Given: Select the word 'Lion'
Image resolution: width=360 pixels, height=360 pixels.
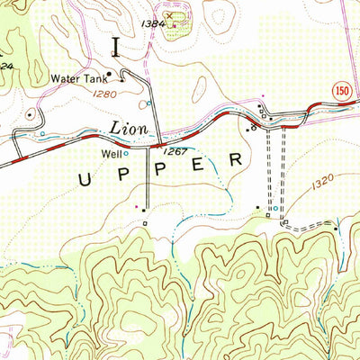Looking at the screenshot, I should (x=130, y=130).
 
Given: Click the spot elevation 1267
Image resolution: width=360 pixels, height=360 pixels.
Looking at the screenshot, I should (x=175, y=152).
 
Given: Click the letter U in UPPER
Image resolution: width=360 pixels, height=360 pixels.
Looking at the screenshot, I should (x=85, y=179).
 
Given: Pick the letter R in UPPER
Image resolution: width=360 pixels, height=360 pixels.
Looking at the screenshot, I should (x=237, y=159).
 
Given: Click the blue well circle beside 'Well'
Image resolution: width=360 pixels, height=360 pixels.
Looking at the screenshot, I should (x=126, y=154).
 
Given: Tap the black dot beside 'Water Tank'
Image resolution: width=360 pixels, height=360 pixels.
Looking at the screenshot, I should (x=109, y=74).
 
